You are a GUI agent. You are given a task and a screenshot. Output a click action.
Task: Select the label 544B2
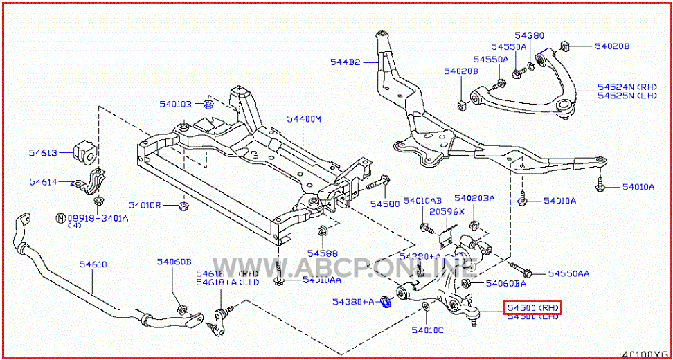(x=346, y=62)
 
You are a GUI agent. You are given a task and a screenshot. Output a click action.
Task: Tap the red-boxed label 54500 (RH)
(x=532, y=307)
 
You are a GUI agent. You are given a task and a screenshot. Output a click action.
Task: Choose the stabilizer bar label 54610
(x=93, y=264)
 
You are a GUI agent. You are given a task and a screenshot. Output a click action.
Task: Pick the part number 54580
(x=384, y=204)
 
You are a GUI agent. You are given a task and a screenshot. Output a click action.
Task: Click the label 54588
(x=323, y=253)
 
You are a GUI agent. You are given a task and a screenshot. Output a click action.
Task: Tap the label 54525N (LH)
(x=627, y=96)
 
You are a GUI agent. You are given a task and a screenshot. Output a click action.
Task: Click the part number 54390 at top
(x=529, y=35)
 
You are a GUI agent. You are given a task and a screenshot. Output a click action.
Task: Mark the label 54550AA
(x=568, y=273)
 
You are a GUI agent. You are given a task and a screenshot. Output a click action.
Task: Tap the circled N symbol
(x=60, y=218)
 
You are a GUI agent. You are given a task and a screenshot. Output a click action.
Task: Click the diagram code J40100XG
(x=644, y=354)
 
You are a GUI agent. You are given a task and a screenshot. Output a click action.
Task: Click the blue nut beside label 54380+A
(x=387, y=302)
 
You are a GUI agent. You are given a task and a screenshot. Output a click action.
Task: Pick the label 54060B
(x=173, y=262)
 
